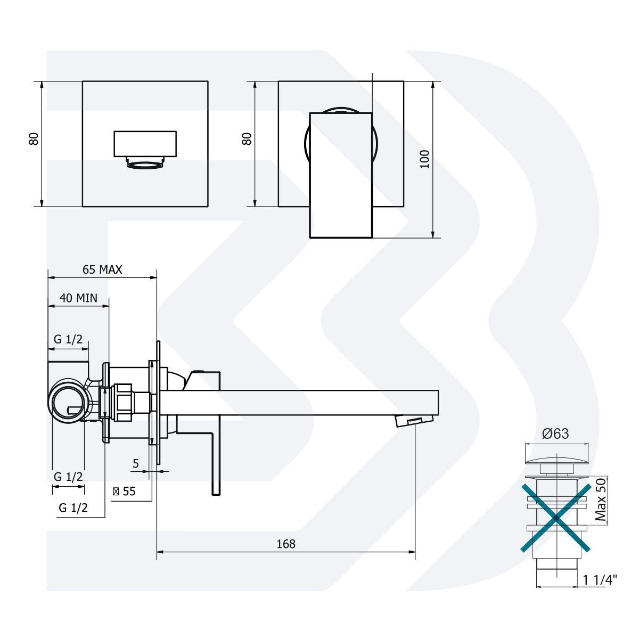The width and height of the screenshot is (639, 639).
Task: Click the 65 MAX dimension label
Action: [x=102, y=270]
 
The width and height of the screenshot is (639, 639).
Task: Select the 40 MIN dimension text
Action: [x=78, y=298]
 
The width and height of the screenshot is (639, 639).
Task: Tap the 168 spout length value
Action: [x=286, y=544]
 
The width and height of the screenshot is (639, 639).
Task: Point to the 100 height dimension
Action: [x=424, y=159]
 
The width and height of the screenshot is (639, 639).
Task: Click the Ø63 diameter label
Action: [x=555, y=434]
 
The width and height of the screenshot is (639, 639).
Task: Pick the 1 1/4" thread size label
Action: [x=600, y=580]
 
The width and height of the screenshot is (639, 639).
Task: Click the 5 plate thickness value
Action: [x=136, y=464]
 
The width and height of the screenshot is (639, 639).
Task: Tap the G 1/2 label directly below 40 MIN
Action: [x=68, y=339]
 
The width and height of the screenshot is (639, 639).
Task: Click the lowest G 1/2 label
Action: [x=73, y=508]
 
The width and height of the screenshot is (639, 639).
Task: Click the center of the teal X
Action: [x=555, y=517]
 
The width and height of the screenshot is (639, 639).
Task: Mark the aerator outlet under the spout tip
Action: [x=409, y=421]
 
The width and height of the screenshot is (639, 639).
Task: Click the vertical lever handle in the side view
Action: [x=216, y=458]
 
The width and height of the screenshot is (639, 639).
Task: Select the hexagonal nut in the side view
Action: [x=123, y=403]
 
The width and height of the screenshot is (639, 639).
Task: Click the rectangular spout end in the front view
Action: [x=145, y=144]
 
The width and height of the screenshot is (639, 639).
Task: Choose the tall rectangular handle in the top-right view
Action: [x=340, y=175]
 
